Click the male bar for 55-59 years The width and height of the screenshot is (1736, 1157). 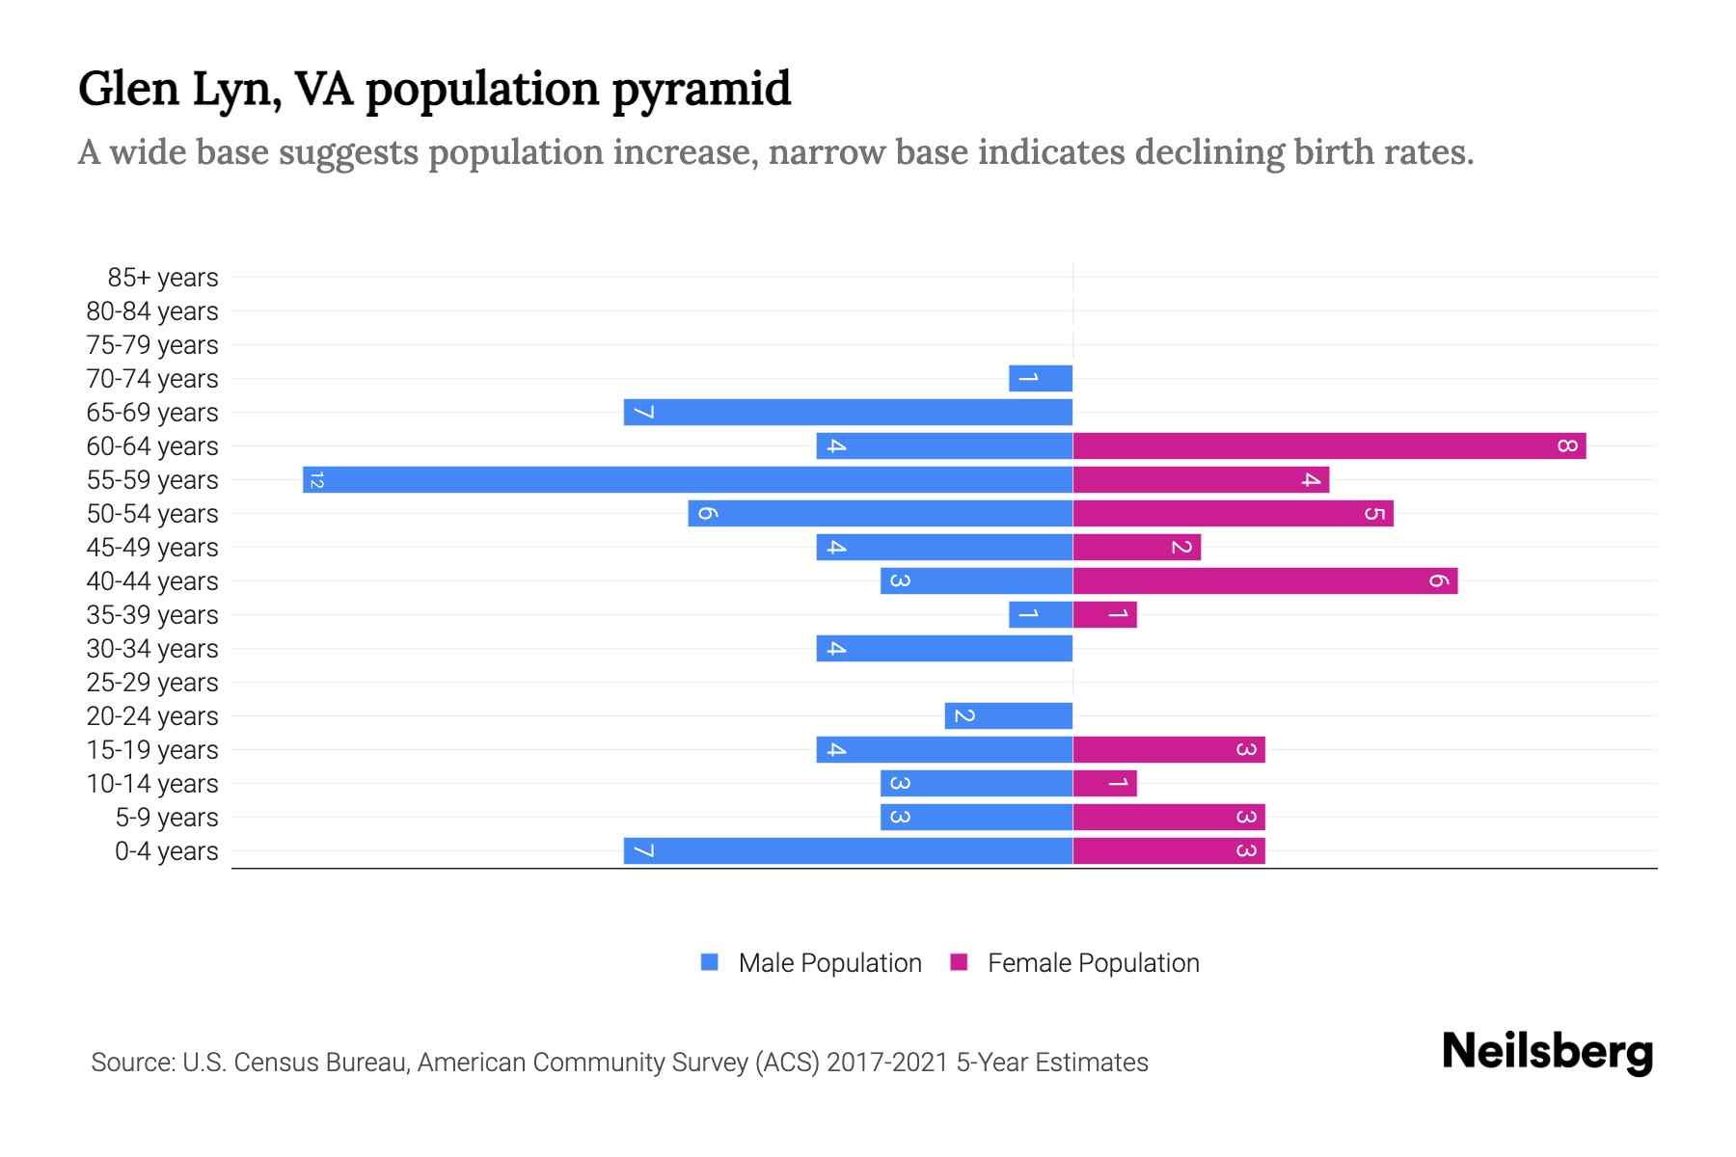point(688,479)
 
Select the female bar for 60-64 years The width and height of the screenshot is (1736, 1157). point(1329,445)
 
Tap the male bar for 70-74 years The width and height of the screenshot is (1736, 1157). point(1041,378)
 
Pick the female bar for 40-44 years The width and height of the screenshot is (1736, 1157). point(1264,580)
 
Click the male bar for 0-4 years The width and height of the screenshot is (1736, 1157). point(848,850)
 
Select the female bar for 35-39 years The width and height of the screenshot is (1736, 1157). point(1104,614)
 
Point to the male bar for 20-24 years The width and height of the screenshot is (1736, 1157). point(1008,715)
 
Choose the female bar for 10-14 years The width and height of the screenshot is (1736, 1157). point(1104,783)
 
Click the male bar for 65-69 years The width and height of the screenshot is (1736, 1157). point(848,412)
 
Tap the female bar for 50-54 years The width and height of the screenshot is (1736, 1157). point(1233,513)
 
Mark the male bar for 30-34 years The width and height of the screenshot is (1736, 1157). point(944,648)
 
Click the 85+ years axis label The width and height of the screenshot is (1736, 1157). point(163,278)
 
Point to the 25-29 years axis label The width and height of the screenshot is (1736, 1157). point(152,683)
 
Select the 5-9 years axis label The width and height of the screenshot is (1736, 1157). point(167,818)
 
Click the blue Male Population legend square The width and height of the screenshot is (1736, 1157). point(710,962)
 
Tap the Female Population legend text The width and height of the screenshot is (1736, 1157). point(1093,962)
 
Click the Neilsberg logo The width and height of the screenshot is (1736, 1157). point(1547,1052)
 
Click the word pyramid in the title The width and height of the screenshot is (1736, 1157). point(700,89)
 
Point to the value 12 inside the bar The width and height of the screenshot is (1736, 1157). point(316,479)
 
